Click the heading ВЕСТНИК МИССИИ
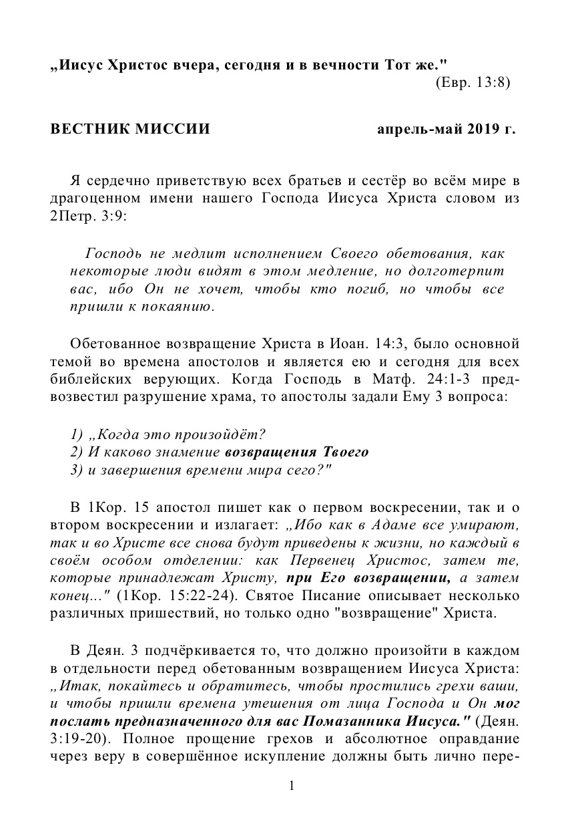pyautogui.click(x=131, y=129)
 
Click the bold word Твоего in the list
pyautogui.click(x=345, y=452)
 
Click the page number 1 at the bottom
pyautogui.click(x=292, y=786)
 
